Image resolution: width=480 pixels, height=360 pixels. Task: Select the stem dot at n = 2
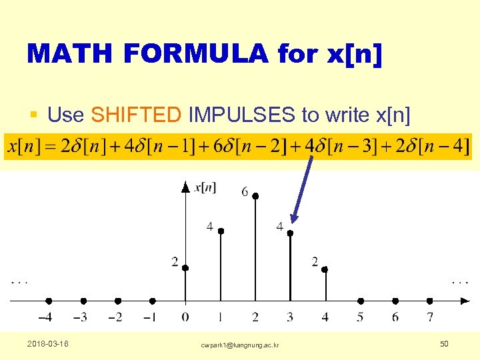[255, 196]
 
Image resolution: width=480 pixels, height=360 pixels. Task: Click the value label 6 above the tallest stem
[245, 192]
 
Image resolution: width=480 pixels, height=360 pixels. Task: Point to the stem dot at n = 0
[185, 267]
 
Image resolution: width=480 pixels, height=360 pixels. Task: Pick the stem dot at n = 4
[325, 269]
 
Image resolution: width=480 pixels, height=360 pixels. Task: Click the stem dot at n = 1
[221, 231]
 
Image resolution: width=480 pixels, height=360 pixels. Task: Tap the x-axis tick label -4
[46, 317]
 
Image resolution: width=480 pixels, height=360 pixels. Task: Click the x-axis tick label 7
[430, 317]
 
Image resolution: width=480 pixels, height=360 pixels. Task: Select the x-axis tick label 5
[360, 317]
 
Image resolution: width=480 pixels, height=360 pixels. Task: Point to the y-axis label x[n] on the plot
[205, 187]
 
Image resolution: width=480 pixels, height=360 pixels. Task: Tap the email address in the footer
[240, 345]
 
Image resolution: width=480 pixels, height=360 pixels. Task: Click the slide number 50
[445, 343]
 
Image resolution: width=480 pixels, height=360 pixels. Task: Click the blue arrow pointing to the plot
[303, 190]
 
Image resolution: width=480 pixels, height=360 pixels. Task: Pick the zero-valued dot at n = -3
[83, 301]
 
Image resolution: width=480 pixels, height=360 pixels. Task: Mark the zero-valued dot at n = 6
[395, 301]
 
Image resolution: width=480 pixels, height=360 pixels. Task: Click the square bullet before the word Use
[33, 116]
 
